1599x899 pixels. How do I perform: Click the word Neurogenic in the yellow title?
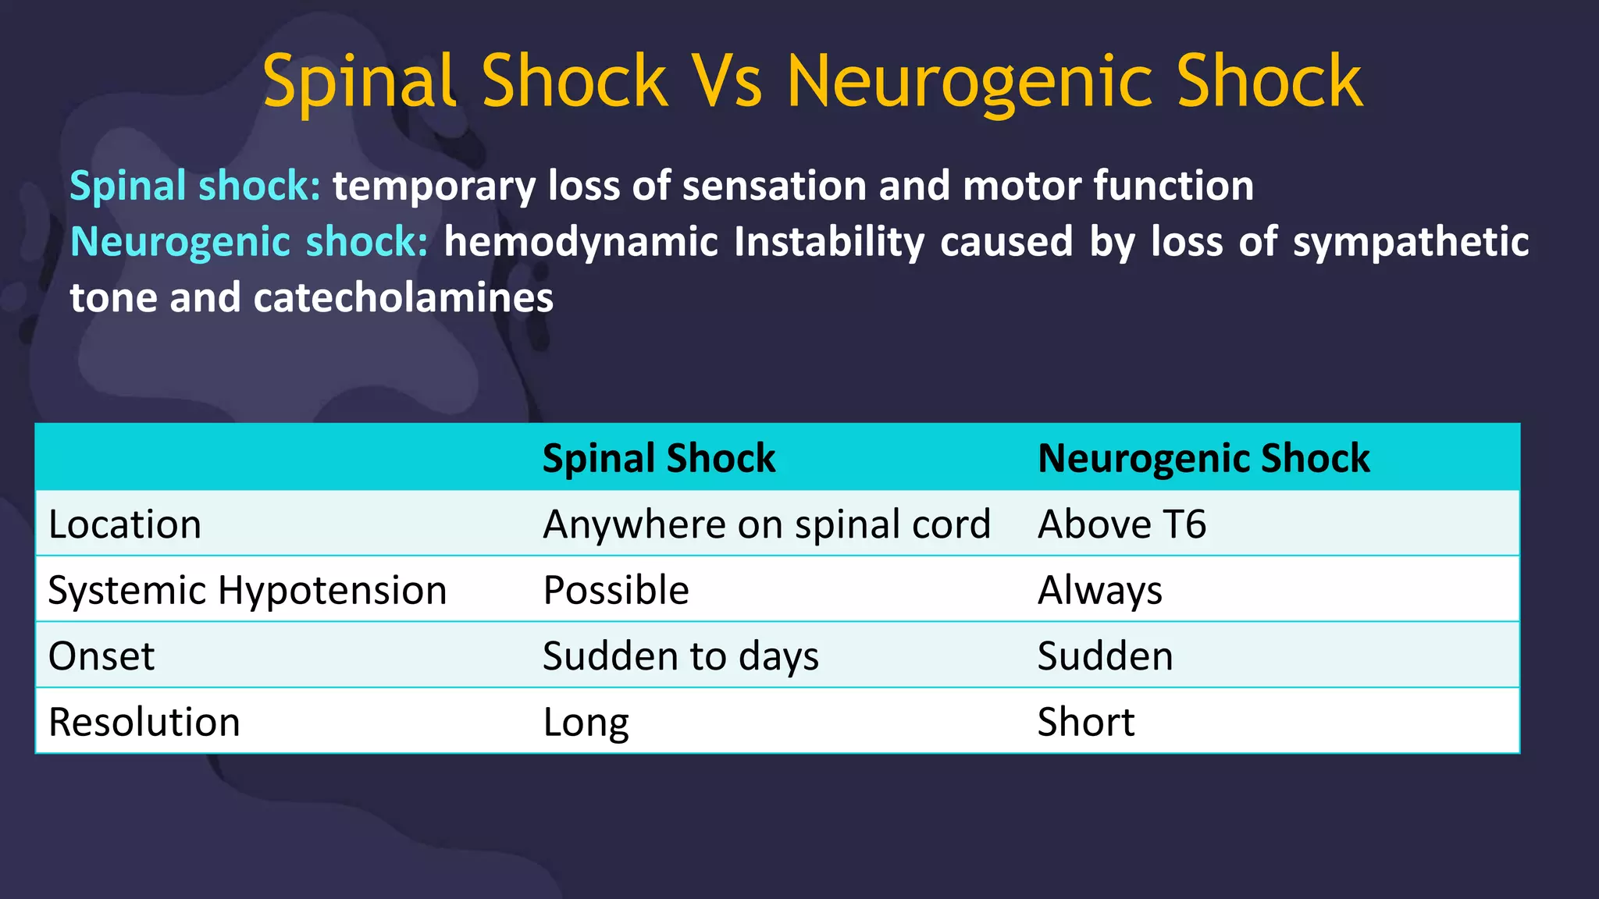[x=968, y=83]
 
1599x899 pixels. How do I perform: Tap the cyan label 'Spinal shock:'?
[x=195, y=186]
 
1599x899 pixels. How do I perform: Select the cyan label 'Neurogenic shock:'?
[x=249, y=242]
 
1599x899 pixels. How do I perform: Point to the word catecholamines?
[x=403, y=298]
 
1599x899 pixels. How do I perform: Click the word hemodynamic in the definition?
[x=581, y=242]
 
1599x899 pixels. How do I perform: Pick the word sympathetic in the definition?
[x=1410, y=242]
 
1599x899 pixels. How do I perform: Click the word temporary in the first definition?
[x=434, y=187]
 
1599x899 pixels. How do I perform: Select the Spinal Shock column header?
[x=658, y=458]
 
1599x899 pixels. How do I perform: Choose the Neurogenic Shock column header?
[x=1203, y=458]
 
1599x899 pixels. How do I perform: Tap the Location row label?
[x=125, y=524]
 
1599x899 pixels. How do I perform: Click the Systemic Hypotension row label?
[x=247, y=591]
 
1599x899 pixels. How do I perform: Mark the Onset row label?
[x=101, y=656]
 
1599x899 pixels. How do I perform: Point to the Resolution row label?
[x=144, y=723]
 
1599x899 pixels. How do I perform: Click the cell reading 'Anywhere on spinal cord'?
[x=766, y=524]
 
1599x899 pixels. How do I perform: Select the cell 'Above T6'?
[x=1121, y=524]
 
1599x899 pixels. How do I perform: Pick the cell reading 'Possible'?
[x=616, y=591]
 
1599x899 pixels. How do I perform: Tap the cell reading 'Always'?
[x=1099, y=591]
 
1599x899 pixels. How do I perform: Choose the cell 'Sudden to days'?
[x=680, y=656]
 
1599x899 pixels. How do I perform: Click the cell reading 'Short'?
[x=1085, y=723]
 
